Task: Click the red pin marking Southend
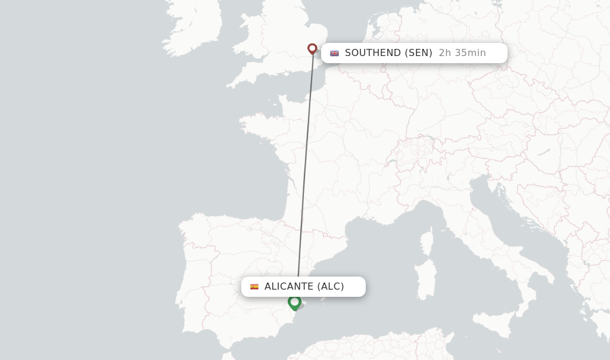coord(312,48)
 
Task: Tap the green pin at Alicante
coord(294,302)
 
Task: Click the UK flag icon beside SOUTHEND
coord(335,53)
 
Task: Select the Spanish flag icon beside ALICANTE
coord(254,287)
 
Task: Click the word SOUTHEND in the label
coord(373,53)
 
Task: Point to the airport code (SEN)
coord(418,53)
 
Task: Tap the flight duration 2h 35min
coord(462,53)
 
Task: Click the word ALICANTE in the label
coord(289,287)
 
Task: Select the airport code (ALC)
coord(331,287)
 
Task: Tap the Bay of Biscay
coord(244,185)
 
